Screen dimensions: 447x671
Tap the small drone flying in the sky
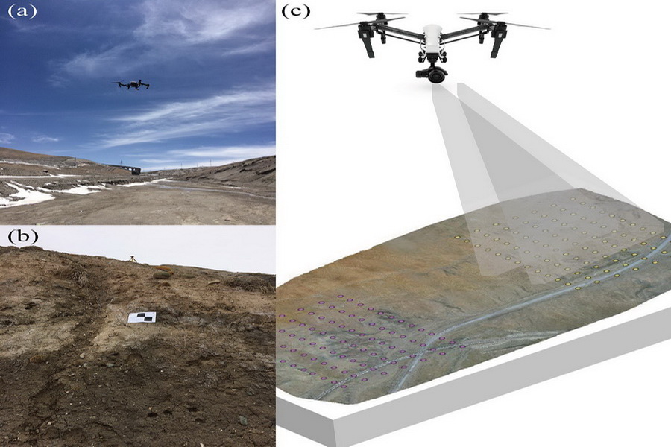point(131,85)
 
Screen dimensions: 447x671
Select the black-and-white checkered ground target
point(142,318)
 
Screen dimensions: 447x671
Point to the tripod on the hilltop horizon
point(132,259)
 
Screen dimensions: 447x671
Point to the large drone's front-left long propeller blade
point(339,25)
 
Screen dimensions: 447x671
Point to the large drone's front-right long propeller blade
point(526,25)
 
